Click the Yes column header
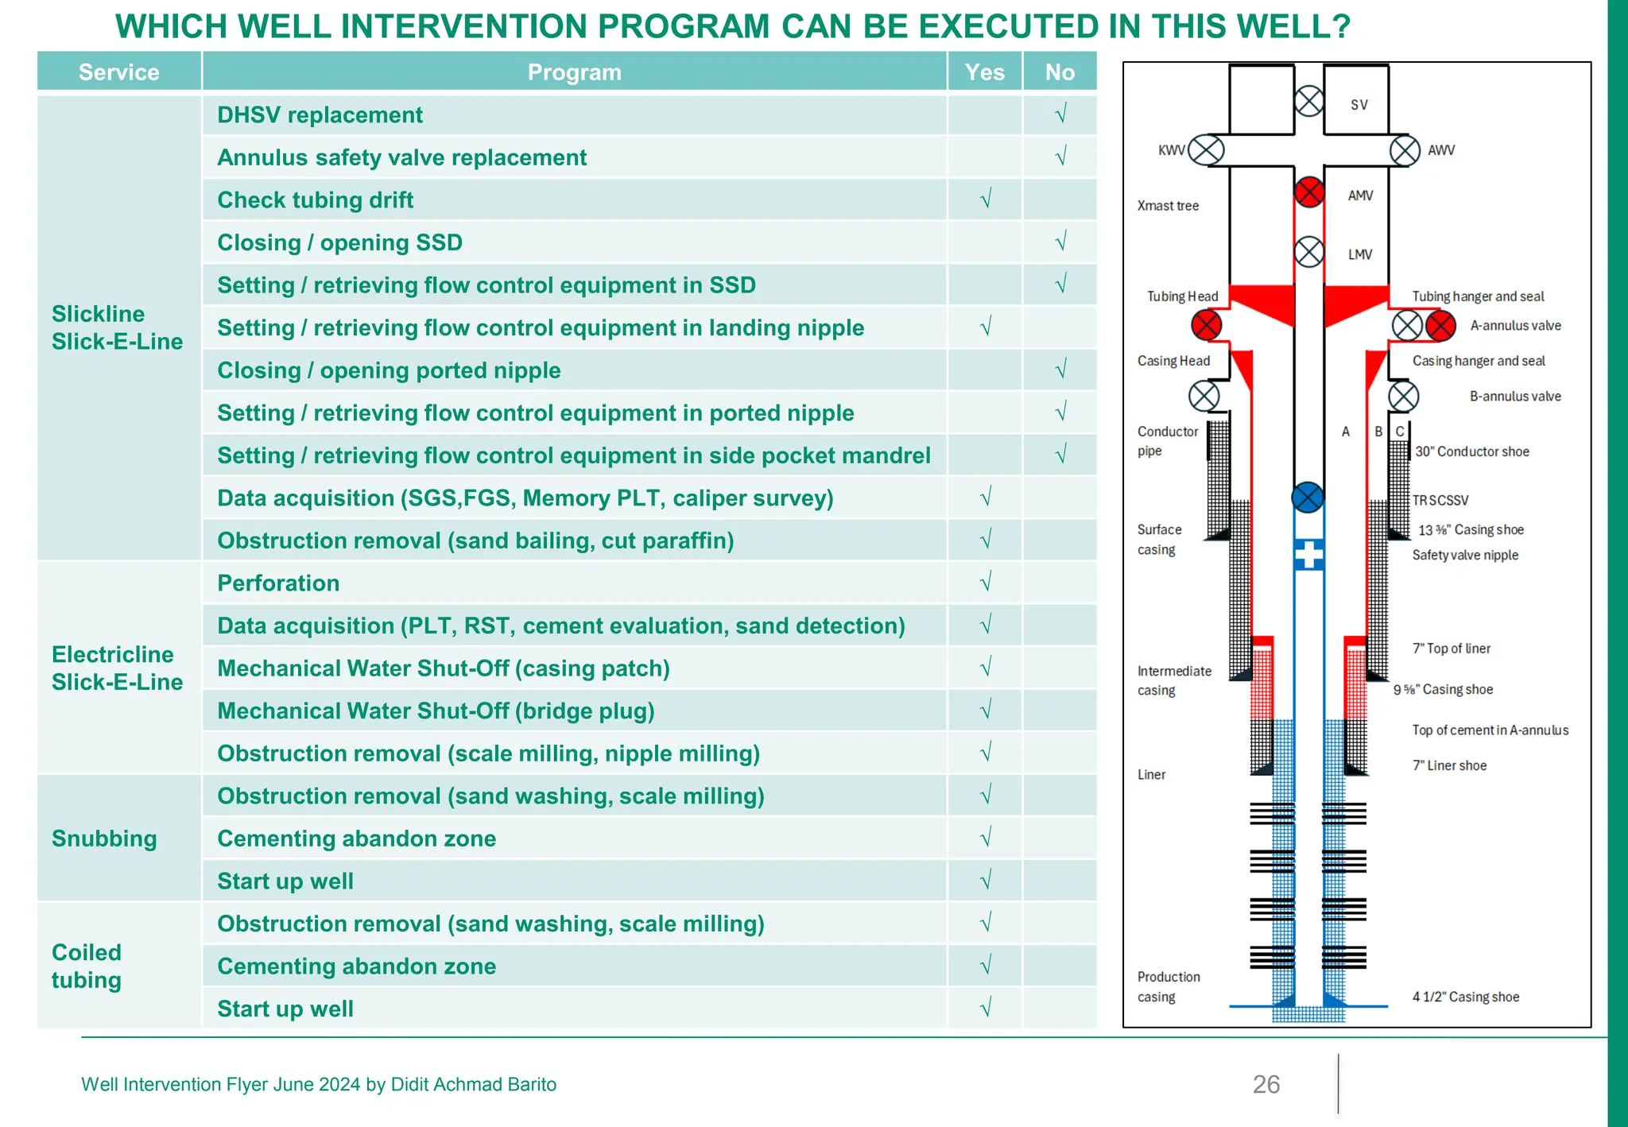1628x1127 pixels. (984, 72)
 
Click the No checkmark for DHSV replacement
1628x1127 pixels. (1060, 114)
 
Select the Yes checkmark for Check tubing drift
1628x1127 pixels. (985, 199)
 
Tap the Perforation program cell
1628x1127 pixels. (278, 583)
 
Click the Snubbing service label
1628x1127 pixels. (104, 838)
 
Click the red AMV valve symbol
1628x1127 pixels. (1308, 192)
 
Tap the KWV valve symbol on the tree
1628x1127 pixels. (1207, 150)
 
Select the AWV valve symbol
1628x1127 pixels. (1405, 150)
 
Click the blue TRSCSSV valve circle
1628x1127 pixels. (1308, 498)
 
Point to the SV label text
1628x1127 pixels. (1359, 105)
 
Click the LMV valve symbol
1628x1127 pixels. (1308, 253)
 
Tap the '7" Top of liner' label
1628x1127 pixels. (1451, 649)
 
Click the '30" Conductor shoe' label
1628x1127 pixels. (1471, 451)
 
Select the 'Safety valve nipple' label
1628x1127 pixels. (1464, 555)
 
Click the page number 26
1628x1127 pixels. (1266, 1084)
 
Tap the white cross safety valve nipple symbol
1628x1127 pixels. (1308, 554)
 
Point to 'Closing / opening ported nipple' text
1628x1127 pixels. (389, 370)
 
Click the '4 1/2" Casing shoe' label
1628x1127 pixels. (1465, 997)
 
